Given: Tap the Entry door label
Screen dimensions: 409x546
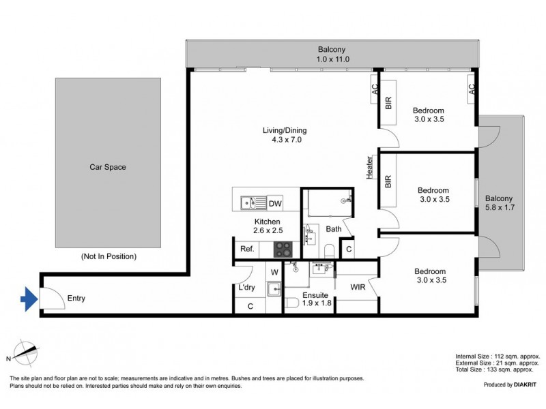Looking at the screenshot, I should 76,299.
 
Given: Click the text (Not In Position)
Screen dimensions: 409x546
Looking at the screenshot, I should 109,257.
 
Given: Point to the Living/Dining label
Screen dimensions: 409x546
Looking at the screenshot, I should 283,135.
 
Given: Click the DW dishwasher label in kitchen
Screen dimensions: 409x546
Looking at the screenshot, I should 274,202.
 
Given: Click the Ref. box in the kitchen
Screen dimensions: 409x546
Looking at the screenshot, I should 246,249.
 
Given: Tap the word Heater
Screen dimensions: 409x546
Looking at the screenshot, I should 369,167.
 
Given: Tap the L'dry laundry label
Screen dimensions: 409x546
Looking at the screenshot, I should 246,288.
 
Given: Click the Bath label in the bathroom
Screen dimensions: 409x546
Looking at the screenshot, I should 333,229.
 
